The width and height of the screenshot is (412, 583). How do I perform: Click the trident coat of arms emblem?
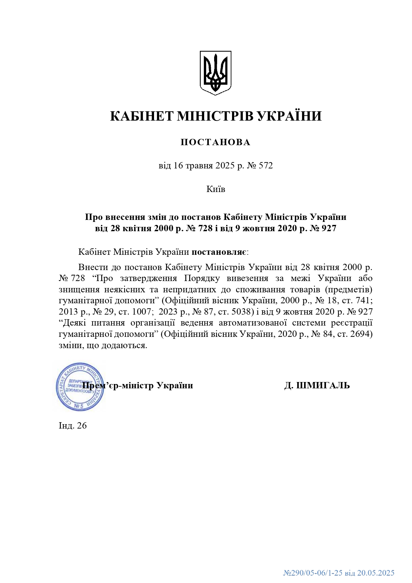[215, 73]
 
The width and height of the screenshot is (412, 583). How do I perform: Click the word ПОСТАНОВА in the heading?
[215, 142]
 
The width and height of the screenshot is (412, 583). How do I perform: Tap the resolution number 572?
[266, 165]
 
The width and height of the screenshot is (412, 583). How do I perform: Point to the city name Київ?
[216, 189]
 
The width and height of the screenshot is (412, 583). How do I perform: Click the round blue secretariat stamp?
[80, 387]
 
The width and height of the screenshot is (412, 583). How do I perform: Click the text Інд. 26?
[73, 426]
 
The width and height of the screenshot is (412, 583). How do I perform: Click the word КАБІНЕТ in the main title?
[142, 116]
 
